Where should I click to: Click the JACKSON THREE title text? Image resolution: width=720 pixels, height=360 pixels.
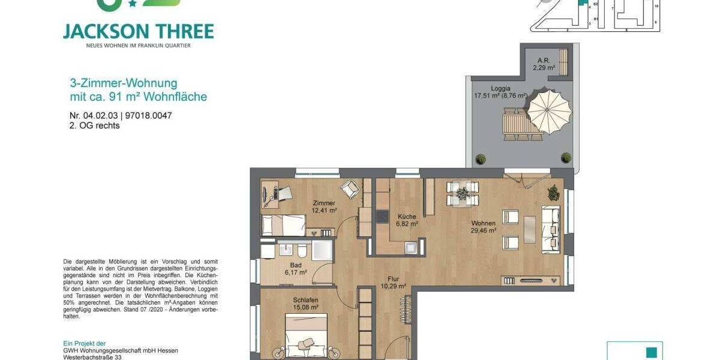tap(138, 31)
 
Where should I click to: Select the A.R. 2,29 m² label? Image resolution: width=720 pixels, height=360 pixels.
tap(544, 64)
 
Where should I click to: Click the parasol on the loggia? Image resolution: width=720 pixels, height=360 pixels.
tap(549, 110)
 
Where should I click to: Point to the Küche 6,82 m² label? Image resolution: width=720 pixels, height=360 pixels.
tap(407, 220)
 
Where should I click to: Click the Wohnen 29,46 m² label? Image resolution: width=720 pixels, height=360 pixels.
tap(484, 226)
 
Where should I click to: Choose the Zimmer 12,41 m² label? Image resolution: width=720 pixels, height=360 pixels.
tap(324, 207)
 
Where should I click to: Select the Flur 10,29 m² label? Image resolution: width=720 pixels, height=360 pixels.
tap(393, 283)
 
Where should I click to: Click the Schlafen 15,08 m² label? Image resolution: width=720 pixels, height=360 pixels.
tap(305, 304)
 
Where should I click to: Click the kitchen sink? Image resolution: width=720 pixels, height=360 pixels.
tap(410, 247)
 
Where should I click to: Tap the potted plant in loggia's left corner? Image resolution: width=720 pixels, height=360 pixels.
tap(480, 158)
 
